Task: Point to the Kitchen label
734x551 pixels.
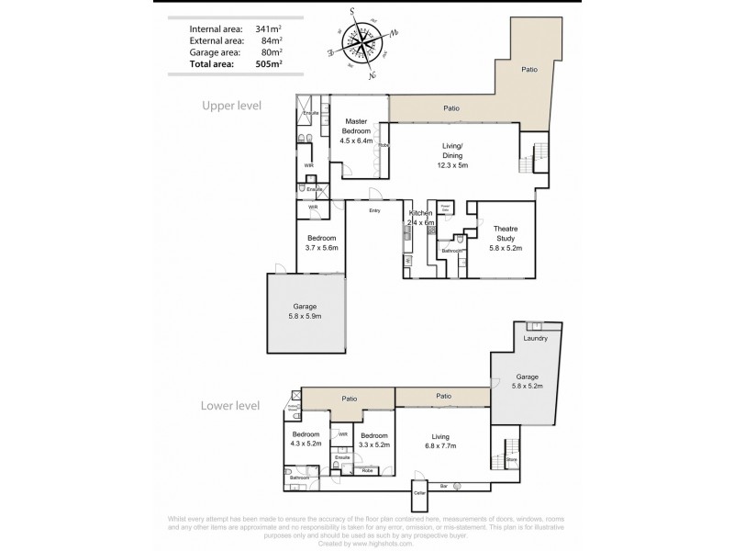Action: tap(420, 213)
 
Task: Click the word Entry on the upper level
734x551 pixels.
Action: tap(374, 211)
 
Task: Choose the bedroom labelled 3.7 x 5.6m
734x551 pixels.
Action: tap(322, 242)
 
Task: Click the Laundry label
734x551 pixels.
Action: tap(535, 339)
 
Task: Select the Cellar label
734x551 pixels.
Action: tap(419, 493)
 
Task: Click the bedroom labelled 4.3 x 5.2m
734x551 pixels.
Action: tap(305, 439)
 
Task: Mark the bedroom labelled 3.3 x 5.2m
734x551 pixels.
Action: tap(373, 440)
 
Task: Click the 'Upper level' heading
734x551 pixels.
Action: tap(231, 106)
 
